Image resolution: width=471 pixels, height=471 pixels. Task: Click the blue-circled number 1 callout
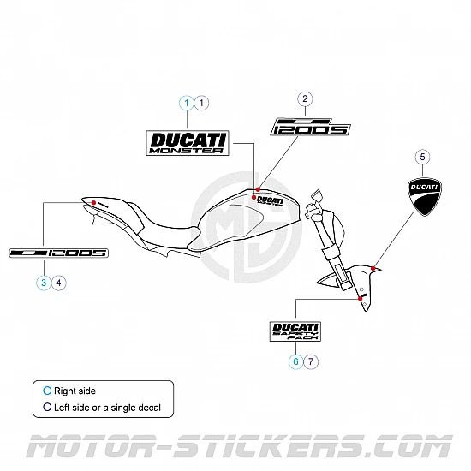(186, 103)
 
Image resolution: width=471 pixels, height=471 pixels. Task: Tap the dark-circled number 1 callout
(201, 103)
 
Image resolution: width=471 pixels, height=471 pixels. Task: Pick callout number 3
(43, 281)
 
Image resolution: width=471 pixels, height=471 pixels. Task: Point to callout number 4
(58, 281)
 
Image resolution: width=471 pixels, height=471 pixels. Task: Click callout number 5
(420, 157)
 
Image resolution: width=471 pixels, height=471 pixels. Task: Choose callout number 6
(295, 361)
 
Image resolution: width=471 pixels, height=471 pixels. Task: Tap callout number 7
(311, 361)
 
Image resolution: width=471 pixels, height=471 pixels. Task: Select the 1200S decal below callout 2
(311, 127)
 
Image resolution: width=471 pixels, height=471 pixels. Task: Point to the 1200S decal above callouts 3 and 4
(58, 253)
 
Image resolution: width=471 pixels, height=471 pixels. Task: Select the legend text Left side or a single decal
(107, 408)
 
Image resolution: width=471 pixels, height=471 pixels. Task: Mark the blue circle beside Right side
(47, 391)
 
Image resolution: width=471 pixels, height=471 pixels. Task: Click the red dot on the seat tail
(89, 202)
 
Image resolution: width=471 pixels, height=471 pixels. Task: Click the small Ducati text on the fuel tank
(269, 200)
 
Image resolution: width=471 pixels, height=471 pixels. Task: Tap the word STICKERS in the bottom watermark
(275, 447)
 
